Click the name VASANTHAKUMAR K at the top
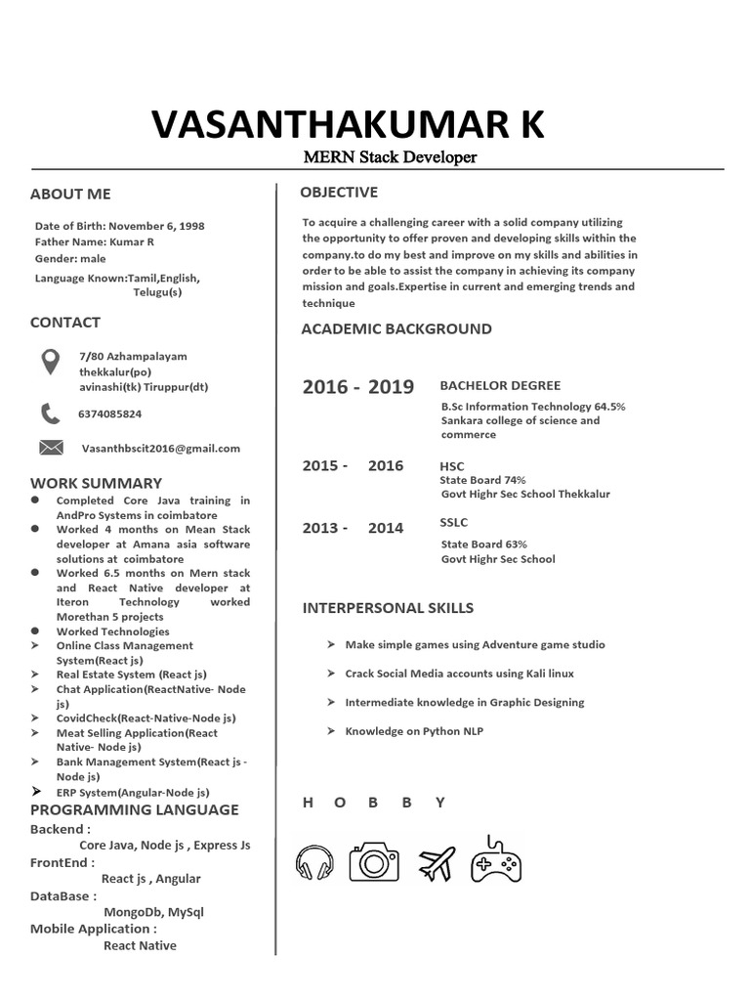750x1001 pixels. (x=348, y=125)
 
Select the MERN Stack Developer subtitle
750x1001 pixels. (x=390, y=157)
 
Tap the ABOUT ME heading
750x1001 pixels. (x=70, y=194)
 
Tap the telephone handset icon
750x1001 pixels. (x=50, y=413)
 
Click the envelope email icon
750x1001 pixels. (x=50, y=448)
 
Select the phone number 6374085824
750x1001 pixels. (x=109, y=413)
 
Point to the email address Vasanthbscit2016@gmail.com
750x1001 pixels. (x=161, y=448)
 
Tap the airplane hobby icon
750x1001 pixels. (x=437, y=863)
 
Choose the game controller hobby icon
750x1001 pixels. (x=496, y=860)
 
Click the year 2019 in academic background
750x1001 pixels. (x=391, y=387)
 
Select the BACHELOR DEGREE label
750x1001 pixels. (x=500, y=385)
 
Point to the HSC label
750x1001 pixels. (x=452, y=466)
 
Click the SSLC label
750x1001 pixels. (x=454, y=523)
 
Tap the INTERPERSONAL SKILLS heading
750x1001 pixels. (x=388, y=607)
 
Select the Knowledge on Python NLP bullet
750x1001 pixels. (x=413, y=730)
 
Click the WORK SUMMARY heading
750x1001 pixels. (x=96, y=483)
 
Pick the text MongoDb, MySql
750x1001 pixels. (x=153, y=912)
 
